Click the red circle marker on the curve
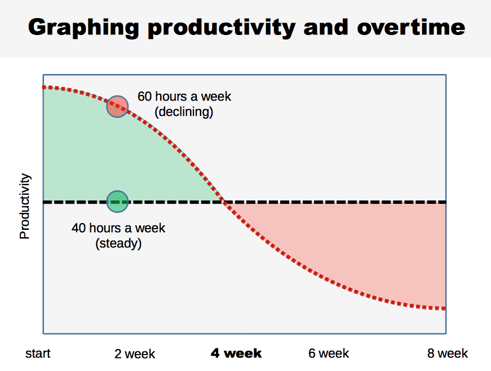pos(118,106)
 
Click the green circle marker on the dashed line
pos(118,201)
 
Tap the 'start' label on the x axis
pos(38,353)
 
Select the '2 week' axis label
pos(135,354)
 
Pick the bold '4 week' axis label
pos(236,353)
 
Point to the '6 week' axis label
pos(329,353)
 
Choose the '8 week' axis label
pos(448,353)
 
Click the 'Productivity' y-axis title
pos(25,206)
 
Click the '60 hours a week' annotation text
pos(184,97)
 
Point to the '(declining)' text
pos(184,112)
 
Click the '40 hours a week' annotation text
pos(118,228)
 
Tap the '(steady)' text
pos(118,243)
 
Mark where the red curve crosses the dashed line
pos(224,202)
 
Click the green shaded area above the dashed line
pos(113,158)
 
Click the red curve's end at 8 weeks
pos(444,308)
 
